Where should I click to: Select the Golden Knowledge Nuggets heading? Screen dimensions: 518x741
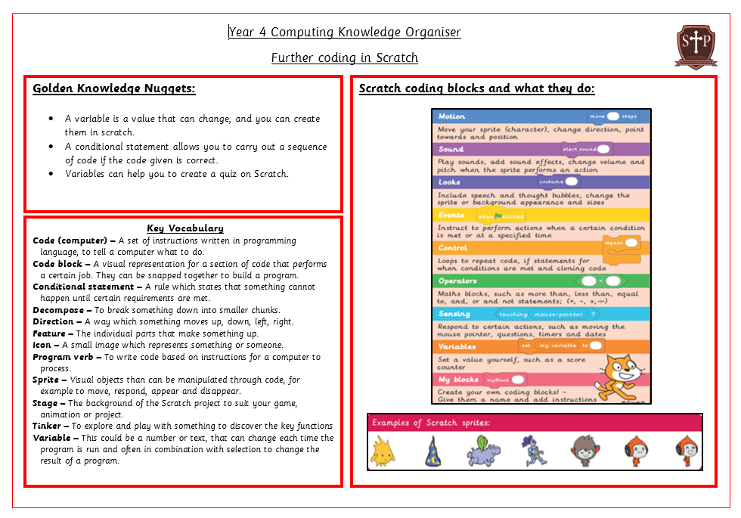(113, 88)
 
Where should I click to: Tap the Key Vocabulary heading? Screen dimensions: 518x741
(185, 228)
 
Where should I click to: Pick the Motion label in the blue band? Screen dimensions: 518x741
(451, 116)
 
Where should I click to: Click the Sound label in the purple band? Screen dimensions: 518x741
(451, 149)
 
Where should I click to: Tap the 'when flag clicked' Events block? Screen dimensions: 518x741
(495, 216)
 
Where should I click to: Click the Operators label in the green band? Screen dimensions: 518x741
(457, 281)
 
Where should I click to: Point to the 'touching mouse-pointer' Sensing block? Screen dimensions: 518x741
(547, 314)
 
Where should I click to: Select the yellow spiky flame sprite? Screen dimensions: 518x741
(383, 451)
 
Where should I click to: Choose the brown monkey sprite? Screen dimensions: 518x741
(583, 450)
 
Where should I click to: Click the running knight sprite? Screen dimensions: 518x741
(534, 451)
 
